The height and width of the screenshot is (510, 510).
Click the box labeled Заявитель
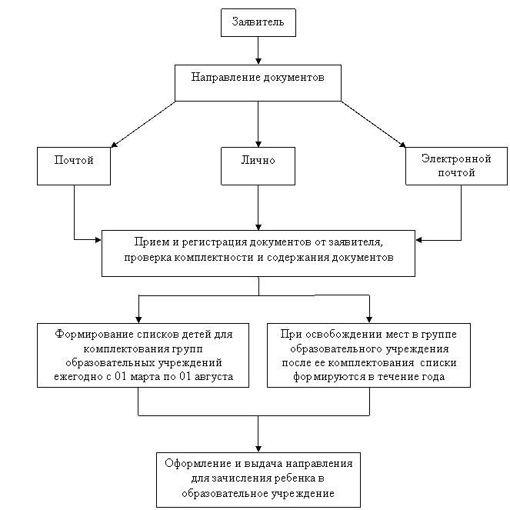click(258, 22)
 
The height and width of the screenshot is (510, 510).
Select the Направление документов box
click(258, 82)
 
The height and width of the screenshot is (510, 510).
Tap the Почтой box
click(74, 166)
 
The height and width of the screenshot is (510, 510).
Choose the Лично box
click(258, 166)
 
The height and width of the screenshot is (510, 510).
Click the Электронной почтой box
click(456, 166)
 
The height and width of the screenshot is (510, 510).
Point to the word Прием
click(148, 242)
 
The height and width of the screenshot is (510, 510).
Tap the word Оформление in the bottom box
click(197, 464)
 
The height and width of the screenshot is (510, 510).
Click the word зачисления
click(234, 478)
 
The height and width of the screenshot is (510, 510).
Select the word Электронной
click(456, 158)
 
